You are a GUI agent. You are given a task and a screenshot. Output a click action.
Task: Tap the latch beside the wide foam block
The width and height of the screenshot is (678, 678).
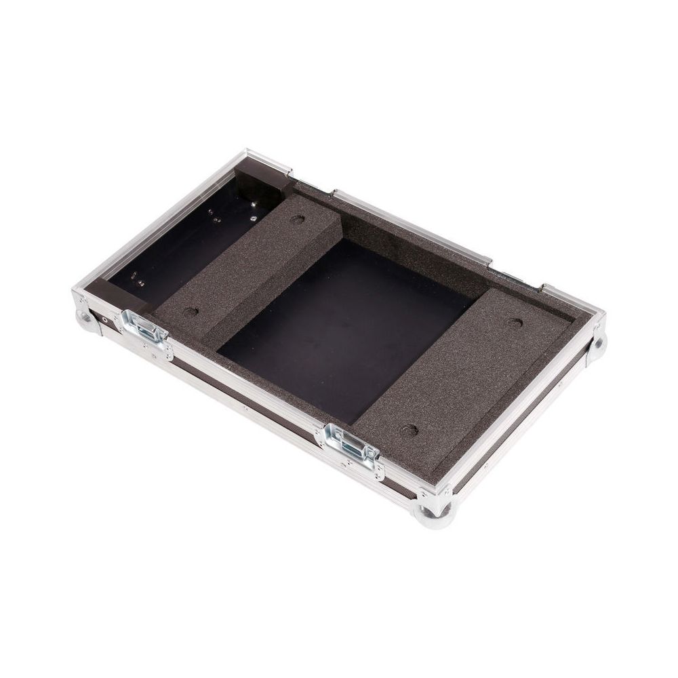[354, 445]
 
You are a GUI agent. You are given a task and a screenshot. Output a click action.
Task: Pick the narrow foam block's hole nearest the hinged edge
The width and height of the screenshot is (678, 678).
[297, 220]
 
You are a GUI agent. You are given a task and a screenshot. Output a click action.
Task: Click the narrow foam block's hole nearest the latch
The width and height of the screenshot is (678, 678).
[191, 313]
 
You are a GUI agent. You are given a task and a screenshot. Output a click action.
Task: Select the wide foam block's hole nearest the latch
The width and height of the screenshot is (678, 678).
[408, 430]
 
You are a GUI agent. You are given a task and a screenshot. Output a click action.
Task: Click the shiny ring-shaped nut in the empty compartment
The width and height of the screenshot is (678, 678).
[253, 218]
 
